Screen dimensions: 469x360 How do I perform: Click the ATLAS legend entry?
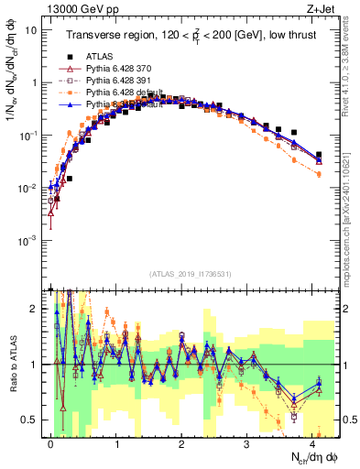coord(98,57)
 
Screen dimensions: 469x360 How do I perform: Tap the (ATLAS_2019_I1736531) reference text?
coord(190,274)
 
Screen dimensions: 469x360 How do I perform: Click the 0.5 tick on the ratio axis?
coord(29,420)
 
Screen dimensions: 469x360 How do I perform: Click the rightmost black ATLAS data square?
coord(319,155)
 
